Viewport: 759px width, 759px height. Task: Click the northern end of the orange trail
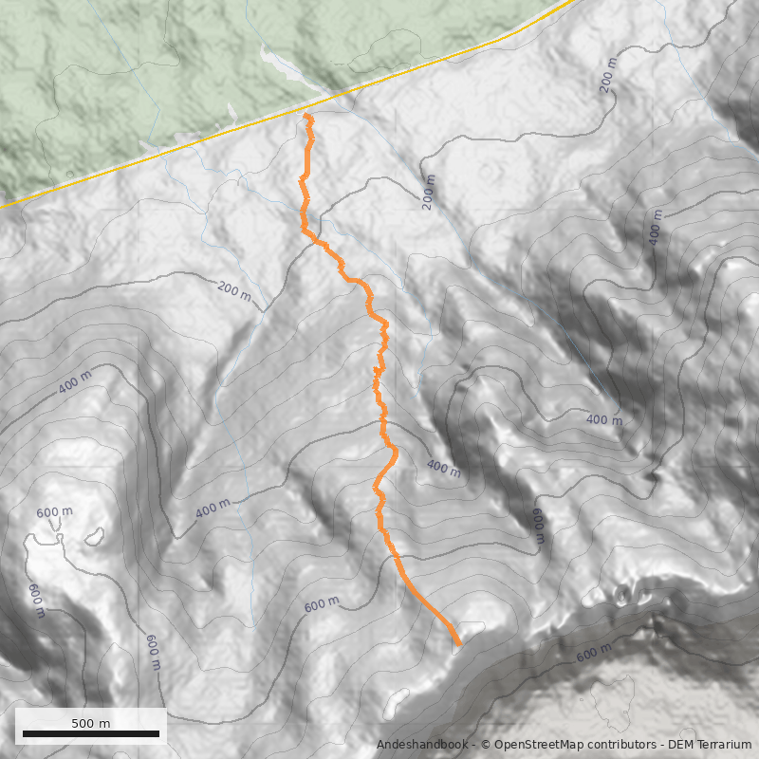(x=307, y=115)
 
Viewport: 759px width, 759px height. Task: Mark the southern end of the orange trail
(x=458, y=644)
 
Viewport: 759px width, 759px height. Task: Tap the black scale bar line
(x=91, y=734)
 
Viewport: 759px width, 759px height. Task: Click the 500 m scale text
(x=91, y=723)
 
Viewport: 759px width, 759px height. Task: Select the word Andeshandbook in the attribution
(x=421, y=745)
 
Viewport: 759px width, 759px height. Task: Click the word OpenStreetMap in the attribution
(x=535, y=745)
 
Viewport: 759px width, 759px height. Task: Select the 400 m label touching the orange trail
(x=443, y=467)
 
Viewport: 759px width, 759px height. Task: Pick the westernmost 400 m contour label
(x=75, y=381)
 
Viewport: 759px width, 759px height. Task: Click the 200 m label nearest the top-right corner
(x=608, y=81)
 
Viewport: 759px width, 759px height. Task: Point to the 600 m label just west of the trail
(x=322, y=604)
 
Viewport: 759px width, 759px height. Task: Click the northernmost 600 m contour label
(x=54, y=512)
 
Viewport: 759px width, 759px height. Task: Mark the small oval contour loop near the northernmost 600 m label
(x=94, y=537)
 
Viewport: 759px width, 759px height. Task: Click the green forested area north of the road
(x=142, y=66)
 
